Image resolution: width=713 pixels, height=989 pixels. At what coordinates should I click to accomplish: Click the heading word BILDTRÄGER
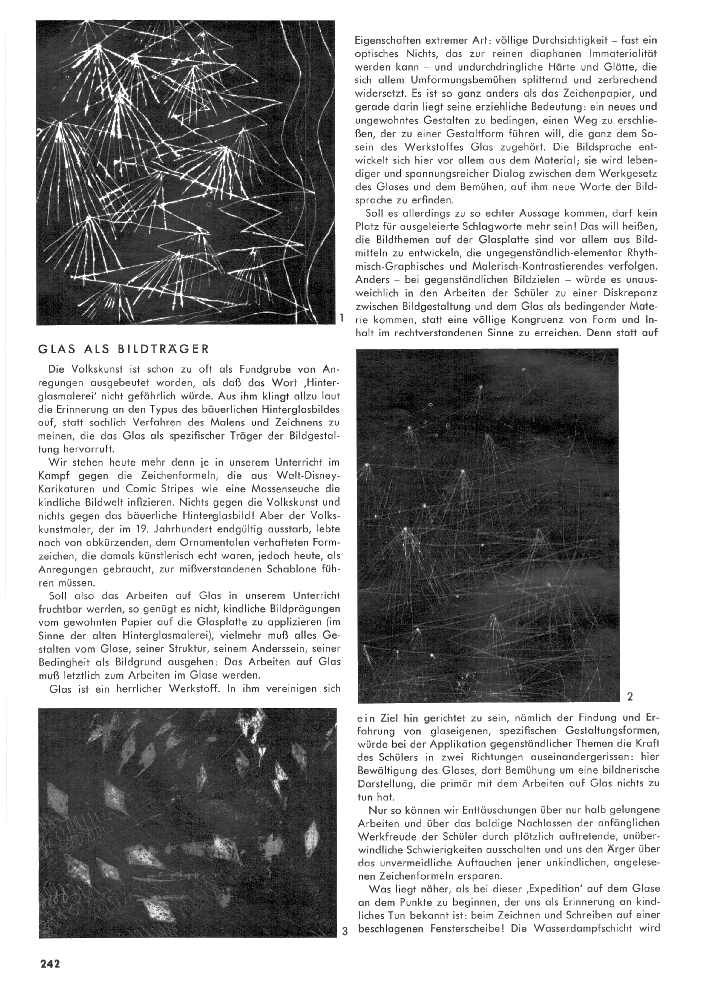pos(163,349)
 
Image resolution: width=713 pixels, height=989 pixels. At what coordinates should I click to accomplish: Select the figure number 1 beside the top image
pos(343,317)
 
